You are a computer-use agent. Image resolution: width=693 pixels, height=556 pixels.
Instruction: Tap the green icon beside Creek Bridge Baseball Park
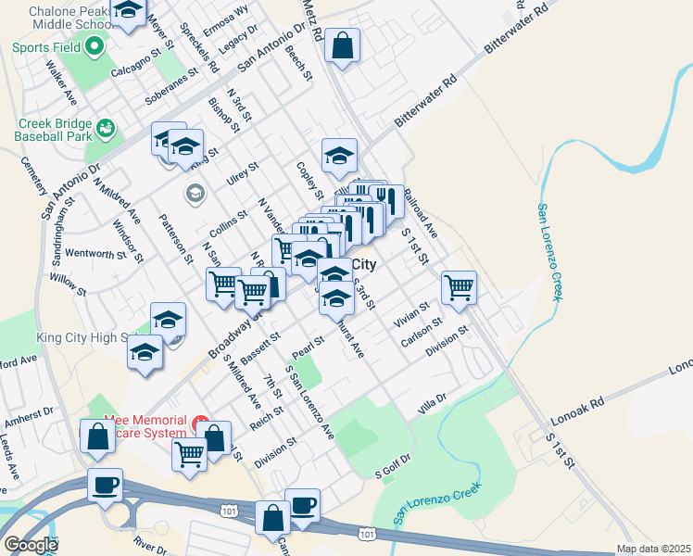pos(106,127)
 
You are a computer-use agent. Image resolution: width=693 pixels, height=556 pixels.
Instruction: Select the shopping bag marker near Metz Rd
pos(342,45)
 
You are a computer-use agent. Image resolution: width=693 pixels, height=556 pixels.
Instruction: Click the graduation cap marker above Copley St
pos(339,156)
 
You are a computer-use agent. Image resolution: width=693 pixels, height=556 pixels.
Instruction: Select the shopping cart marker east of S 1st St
pos(459,288)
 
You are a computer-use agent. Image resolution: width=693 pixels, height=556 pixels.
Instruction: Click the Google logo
pos(31,545)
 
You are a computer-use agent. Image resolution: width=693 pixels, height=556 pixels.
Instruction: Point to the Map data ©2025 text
pos(653,549)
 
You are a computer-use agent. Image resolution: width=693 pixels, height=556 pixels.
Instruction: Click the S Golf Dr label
pos(392,474)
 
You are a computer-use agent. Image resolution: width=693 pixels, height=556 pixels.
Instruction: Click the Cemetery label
pos(34,175)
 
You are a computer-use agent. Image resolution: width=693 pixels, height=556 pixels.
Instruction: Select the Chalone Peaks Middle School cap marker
pos(129,12)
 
